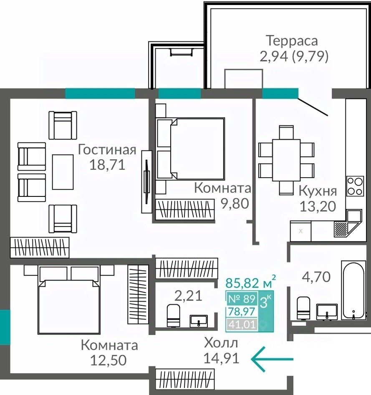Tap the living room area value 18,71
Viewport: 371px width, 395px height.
(x=107, y=165)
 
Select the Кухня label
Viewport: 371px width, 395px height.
(x=318, y=191)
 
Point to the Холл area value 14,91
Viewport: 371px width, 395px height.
(x=221, y=358)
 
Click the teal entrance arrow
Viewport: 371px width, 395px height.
(x=272, y=359)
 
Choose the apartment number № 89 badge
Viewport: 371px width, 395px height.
(x=242, y=299)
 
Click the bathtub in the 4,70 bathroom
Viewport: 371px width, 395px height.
(x=353, y=290)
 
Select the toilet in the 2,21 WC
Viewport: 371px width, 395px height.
(x=174, y=316)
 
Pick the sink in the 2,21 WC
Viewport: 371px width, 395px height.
(x=199, y=321)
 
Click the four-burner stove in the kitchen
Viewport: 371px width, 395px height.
(x=355, y=186)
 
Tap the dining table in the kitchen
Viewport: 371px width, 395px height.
(x=286, y=160)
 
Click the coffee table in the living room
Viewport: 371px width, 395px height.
(x=63, y=172)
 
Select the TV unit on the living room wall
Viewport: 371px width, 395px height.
(x=146, y=182)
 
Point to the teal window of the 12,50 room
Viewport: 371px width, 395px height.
(x=5, y=327)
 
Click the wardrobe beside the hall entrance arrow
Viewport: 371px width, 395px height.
(x=185, y=380)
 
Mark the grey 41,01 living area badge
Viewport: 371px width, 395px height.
(x=242, y=324)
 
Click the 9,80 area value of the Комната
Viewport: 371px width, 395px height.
(x=235, y=203)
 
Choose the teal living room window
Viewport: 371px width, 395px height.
(x=100, y=93)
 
